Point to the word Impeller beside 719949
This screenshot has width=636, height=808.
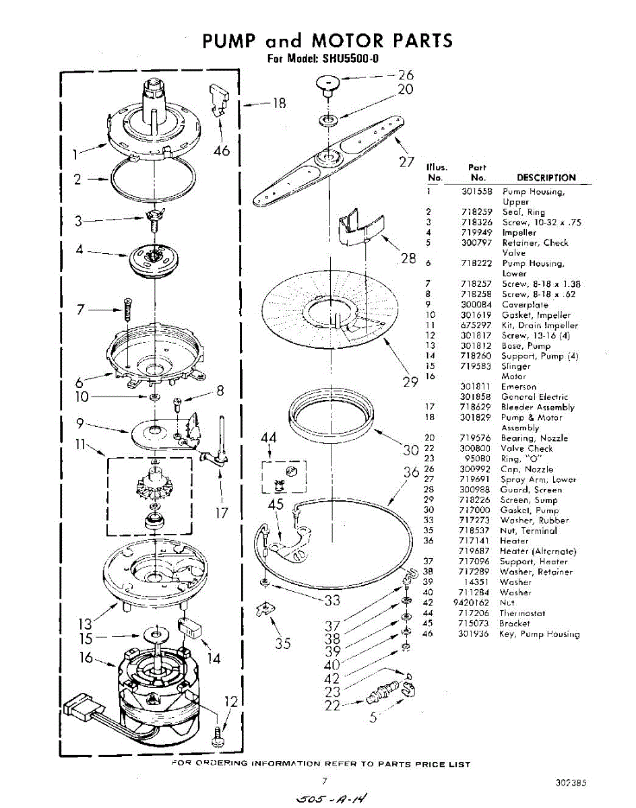point(519,233)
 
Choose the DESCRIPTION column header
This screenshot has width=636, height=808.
point(546,178)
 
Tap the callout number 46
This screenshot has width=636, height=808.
point(222,151)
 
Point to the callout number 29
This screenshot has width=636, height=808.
point(410,382)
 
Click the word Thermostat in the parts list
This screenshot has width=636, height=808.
point(522,613)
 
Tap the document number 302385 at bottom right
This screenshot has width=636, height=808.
point(571,782)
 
